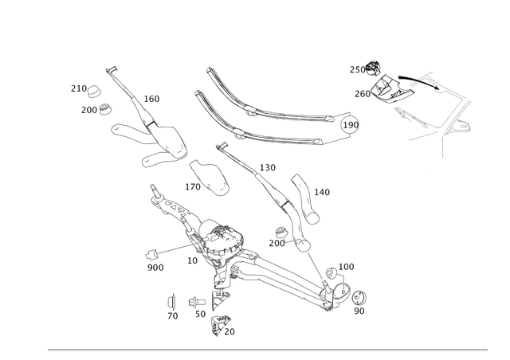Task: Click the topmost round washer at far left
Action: [x=96, y=88]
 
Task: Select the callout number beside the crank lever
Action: [x=322, y=192]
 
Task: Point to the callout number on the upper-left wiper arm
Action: [x=152, y=99]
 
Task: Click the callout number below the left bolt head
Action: [x=155, y=269]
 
